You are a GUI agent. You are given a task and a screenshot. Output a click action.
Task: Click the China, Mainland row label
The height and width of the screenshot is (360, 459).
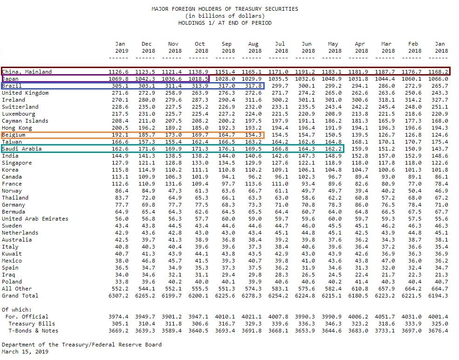point(27,72)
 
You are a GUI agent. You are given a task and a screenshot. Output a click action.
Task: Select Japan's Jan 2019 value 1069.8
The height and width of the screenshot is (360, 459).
point(118,79)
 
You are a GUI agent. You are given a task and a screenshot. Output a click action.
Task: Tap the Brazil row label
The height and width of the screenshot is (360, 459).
point(12,86)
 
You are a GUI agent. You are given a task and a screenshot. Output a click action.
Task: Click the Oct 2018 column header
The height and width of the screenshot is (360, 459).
point(200,48)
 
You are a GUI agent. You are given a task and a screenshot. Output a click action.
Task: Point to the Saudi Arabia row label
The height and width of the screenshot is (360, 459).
point(21,149)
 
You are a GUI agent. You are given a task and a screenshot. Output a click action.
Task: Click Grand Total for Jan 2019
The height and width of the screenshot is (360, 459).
point(118,296)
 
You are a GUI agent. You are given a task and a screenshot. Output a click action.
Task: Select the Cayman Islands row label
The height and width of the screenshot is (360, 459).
point(25,121)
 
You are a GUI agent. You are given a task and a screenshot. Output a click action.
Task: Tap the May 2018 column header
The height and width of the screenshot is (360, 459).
point(334,48)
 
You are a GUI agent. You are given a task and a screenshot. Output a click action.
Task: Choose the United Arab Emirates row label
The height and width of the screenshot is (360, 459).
point(35,219)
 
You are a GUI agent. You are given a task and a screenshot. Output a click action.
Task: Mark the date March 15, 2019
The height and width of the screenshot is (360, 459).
point(25,352)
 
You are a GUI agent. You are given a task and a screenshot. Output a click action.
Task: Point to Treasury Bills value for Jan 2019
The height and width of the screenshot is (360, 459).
point(120,324)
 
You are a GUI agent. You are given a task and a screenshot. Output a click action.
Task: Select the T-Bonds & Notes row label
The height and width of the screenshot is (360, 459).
point(34,331)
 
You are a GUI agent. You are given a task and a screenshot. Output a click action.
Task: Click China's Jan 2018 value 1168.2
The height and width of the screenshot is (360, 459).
point(438,72)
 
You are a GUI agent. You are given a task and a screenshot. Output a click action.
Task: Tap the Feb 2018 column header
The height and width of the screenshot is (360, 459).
point(413,48)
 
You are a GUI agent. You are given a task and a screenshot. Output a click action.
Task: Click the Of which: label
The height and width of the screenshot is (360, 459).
point(17,310)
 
